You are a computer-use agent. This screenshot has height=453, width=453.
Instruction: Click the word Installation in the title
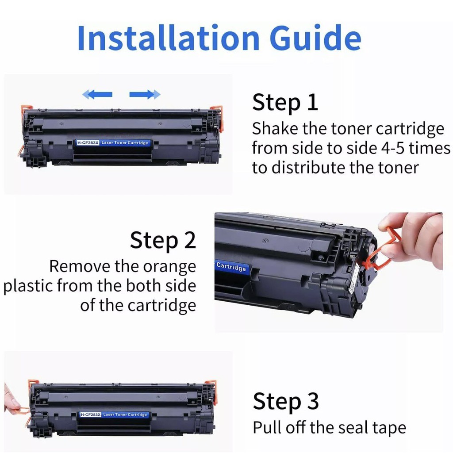tap(169, 38)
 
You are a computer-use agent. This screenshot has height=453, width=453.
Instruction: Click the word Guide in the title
tap(315, 38)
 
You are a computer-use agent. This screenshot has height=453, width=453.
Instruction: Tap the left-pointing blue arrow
tap(97, 94)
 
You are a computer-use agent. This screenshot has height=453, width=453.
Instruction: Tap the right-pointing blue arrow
tap(145, 94)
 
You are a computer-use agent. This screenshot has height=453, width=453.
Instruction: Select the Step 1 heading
tap(285, 103)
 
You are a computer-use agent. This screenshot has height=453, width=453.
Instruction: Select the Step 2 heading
tap(163, 240)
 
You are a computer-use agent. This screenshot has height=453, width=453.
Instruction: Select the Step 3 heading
tap(286, 402)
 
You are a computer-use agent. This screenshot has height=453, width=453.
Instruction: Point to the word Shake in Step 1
tap(275, 128)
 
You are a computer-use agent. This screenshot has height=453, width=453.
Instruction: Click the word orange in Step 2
tap(170, 267)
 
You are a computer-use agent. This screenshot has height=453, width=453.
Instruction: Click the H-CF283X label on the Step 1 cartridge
tap(88, 143)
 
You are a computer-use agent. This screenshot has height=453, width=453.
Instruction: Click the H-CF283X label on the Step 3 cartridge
tap(90, 415)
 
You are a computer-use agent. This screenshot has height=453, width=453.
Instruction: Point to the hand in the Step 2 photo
tap(414, 240)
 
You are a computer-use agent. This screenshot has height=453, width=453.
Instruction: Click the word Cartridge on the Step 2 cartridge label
tap(231, 267)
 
